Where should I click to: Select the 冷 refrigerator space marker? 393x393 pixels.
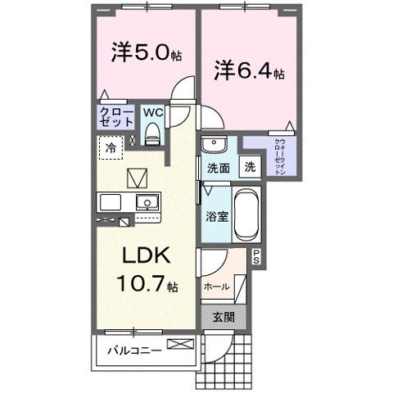(111, 149)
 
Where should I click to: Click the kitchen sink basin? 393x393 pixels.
(147, 202)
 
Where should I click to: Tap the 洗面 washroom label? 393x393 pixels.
(217, 168)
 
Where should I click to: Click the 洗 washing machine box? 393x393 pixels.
(249, 167)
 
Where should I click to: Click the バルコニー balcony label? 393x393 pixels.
(133, 350)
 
